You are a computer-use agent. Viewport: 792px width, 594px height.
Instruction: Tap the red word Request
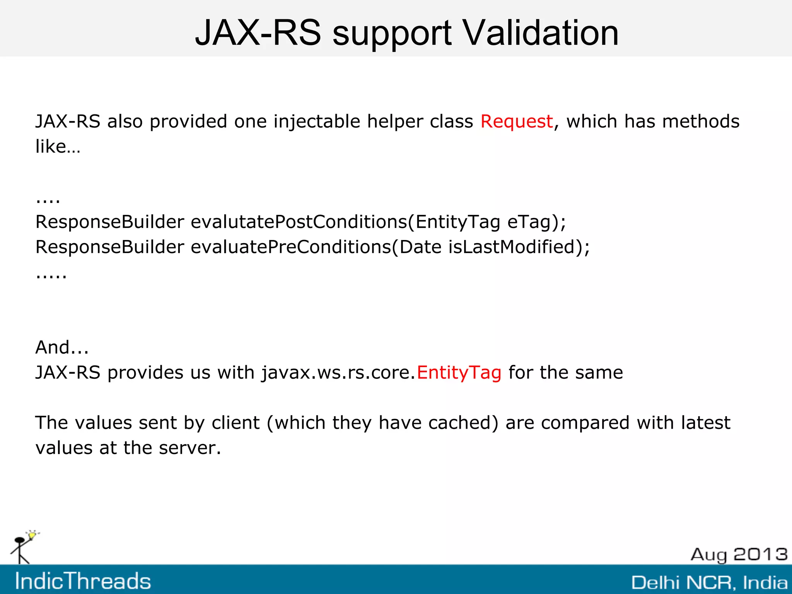[x=516, y=122]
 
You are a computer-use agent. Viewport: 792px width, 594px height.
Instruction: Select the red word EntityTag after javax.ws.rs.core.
[x=459, y=373]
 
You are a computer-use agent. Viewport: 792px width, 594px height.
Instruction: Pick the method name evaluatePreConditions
[x=290, y=247]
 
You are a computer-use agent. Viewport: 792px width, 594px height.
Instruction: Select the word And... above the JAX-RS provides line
[x=62, y=347]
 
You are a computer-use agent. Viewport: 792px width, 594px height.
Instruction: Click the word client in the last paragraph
[x=235, y=423]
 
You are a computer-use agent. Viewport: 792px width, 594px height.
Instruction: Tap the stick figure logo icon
[x=23, y=547]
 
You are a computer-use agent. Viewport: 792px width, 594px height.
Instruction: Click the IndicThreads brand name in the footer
[x=83, y=581]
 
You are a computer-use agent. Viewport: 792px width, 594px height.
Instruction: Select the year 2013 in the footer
[x=760, y=554]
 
